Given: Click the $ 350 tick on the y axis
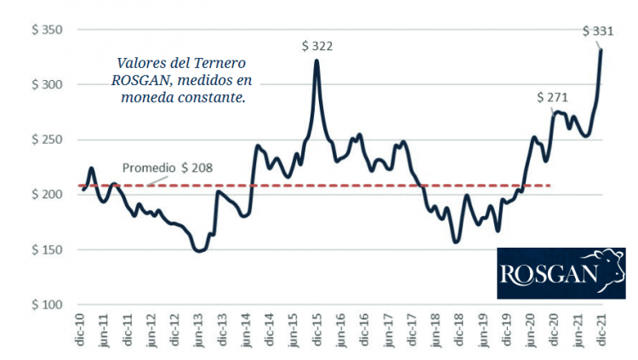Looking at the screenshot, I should click(47, 30).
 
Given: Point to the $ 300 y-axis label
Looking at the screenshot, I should click(47, 85).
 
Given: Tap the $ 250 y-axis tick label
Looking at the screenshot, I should click(47, 140).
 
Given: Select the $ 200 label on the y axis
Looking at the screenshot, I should click(47, 195).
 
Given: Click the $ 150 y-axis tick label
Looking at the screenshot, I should click(47, 249).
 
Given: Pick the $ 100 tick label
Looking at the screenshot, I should click(47, 305).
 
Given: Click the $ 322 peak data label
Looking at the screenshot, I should click(316, 45).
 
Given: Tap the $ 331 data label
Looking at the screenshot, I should click(598, 31).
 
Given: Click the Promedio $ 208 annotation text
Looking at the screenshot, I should click(167, 168).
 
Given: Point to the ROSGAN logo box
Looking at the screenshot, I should click(560, 273).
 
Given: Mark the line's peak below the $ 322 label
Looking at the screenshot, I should click(316, 60).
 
